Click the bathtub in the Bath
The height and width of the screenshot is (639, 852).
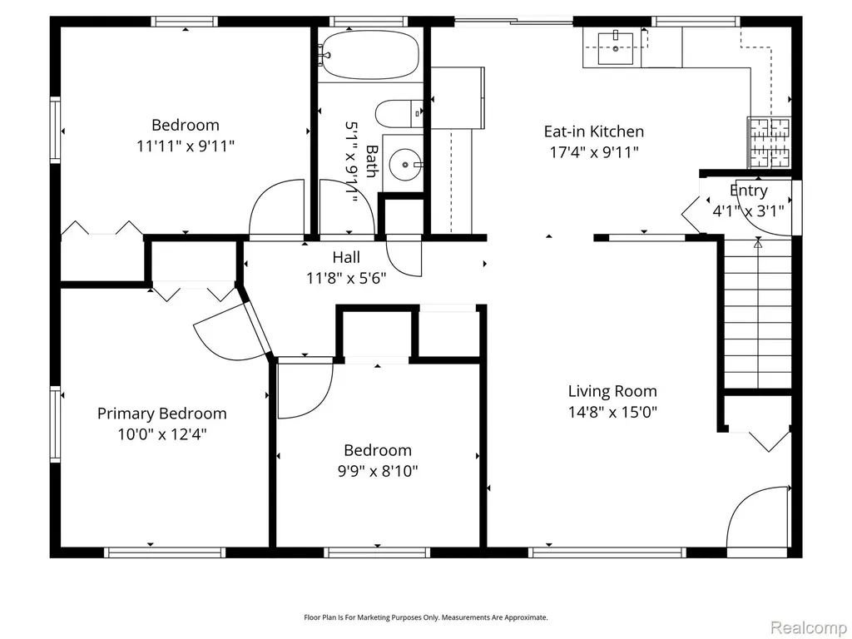(x=369, y=55)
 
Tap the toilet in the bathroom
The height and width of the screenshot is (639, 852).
(x=399, y=113)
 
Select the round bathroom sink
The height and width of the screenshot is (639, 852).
(x=405, y=164)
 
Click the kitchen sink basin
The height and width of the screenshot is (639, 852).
(x=616, y=48)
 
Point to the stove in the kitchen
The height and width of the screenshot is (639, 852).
(x=769, y=141)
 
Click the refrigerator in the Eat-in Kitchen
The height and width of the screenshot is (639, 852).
(x=458, y=98)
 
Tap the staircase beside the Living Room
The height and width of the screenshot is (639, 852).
(x=758, y=314)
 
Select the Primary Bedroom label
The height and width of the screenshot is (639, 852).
(x=162, y=414)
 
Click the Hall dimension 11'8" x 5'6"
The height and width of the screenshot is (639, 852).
(x=346, y=278)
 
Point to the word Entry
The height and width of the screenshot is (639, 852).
(x=748, y=191)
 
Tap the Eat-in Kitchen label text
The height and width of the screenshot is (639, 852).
(x=594, y=131)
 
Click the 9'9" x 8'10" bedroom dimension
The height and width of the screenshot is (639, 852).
(x=378, y=471)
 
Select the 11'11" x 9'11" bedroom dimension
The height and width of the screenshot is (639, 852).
(x=186, y=146)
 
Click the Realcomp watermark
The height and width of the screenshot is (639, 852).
(x=809, y=627)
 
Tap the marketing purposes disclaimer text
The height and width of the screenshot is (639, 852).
(x=425, y=617)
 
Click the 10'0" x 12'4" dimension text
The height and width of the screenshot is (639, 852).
(x=162, y=434)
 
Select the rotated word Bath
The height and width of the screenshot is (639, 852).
(x=372, y=161)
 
